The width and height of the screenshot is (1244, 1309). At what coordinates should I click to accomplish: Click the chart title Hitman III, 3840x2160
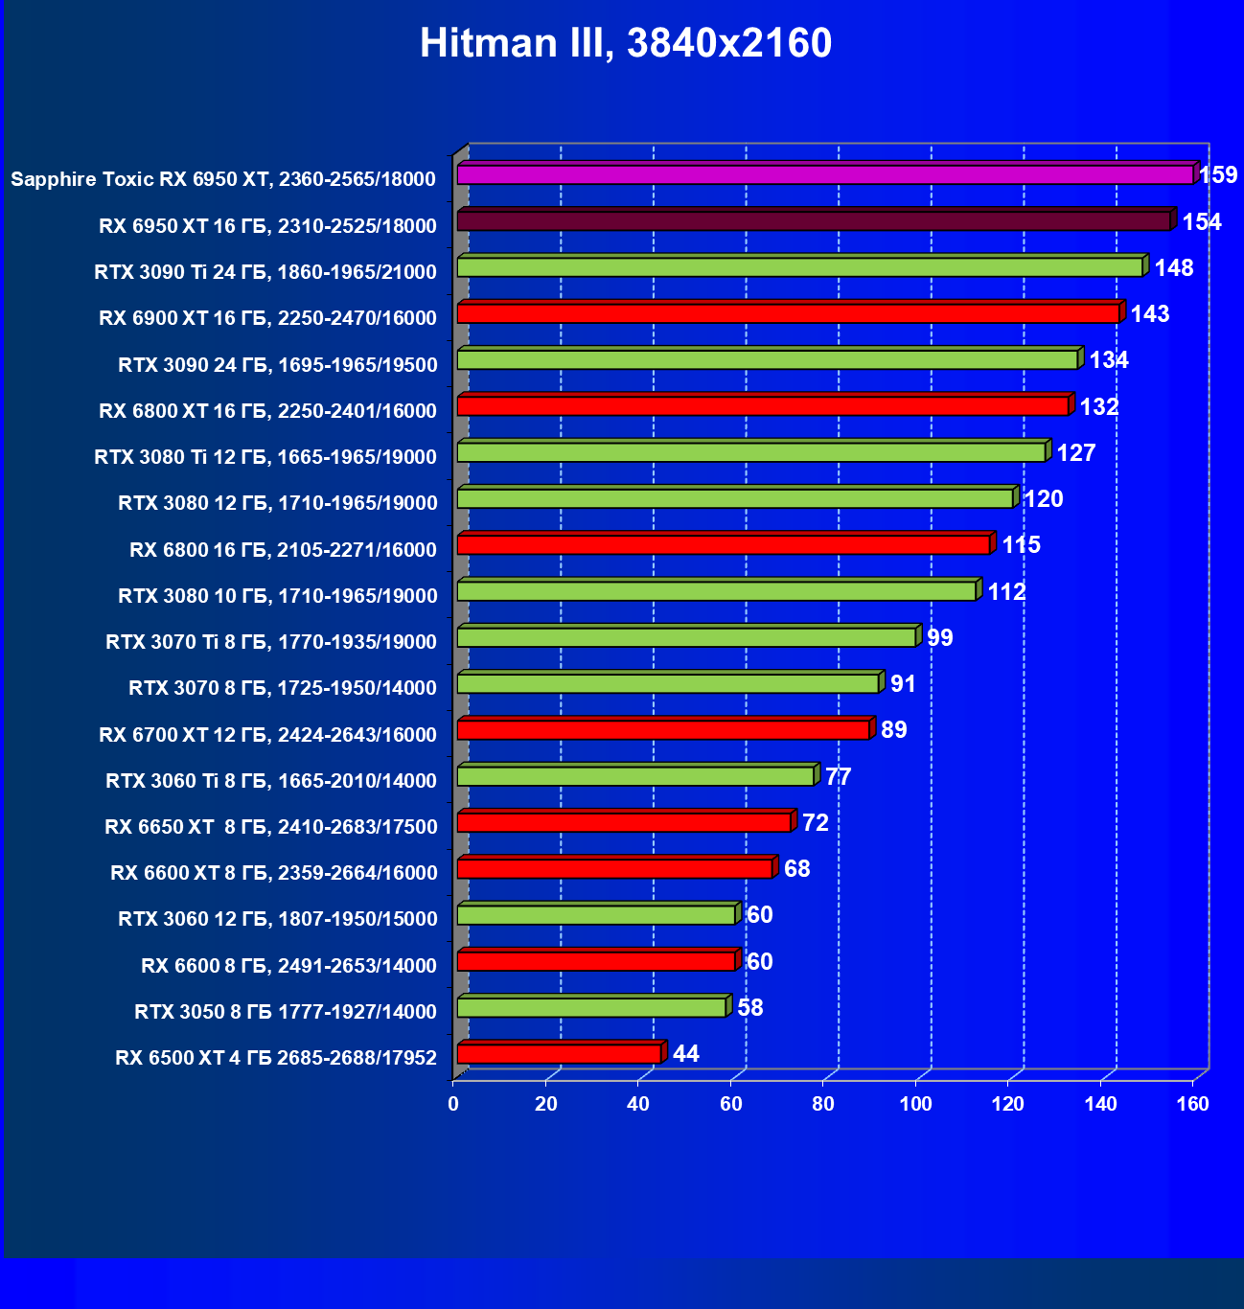625,43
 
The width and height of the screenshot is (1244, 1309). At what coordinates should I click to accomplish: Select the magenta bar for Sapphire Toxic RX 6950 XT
824,174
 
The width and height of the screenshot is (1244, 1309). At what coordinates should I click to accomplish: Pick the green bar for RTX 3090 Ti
799,267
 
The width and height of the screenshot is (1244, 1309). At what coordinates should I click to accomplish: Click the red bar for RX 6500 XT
559,1054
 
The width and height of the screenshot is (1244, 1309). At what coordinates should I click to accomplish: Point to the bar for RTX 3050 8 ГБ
591,1007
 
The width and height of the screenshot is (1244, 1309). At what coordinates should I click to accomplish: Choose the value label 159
1218,175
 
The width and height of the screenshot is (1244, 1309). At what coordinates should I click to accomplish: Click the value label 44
686,1054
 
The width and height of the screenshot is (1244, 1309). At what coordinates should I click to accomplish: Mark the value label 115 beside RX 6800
1021,545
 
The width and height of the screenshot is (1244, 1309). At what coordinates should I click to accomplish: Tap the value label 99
940,637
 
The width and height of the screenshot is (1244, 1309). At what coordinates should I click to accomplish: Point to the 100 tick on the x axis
915,1104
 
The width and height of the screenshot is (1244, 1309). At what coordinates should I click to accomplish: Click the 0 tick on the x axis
453,1104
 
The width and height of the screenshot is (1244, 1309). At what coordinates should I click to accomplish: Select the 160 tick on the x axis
1193,1104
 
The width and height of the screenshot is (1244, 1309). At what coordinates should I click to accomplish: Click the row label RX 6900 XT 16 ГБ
267,318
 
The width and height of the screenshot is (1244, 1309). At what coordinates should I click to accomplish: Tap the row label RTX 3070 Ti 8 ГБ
271,642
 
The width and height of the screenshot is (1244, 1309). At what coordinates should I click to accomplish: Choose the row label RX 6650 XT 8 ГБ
270,827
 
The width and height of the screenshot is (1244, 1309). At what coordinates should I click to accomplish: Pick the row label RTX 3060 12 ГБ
277,919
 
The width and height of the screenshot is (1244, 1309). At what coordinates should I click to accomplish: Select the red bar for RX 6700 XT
663,730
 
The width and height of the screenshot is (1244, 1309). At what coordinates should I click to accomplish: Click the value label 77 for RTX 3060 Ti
838,776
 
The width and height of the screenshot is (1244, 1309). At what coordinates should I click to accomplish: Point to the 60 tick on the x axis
731,1104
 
